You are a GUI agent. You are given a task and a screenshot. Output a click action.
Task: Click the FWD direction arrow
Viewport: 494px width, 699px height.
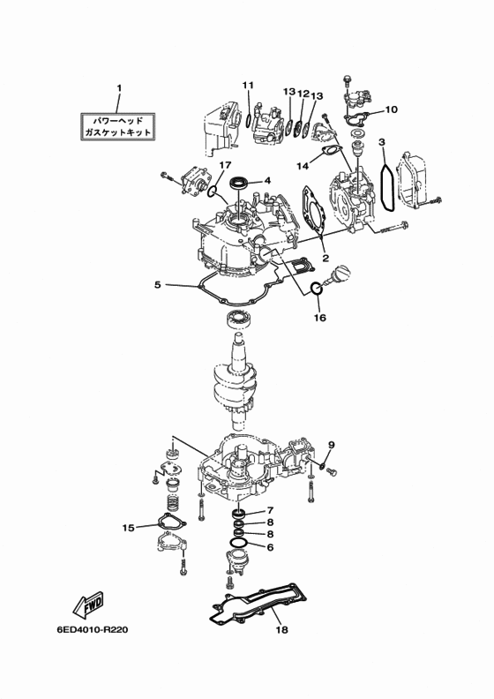[x=87, y=605]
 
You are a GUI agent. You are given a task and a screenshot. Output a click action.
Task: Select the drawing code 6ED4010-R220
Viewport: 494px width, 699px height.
[x=93, y=630]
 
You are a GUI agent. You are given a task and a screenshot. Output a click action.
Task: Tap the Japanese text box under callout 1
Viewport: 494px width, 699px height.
[x=117, y=126]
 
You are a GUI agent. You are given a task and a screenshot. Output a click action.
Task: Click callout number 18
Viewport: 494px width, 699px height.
[x=281, y=629]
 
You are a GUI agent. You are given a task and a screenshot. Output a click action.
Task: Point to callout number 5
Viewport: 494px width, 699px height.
[x=158, y=284]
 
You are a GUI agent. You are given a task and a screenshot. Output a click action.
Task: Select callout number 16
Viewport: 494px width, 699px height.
[x=320, y=318]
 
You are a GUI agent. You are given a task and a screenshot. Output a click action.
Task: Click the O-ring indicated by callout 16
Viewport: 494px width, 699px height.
[x=317, y=289]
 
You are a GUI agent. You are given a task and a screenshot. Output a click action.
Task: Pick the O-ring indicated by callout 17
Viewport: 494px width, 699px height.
[x=213, y=192]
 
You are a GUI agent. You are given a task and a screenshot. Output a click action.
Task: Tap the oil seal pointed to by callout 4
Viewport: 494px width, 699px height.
[x=239, y=183]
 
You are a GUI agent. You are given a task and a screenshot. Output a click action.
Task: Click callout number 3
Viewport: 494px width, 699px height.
[x=382, y=142]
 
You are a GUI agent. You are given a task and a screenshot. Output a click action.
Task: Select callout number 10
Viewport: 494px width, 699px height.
[x=391, y=109]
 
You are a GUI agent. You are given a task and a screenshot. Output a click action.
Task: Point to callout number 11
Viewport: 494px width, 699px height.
[x=248, y=85]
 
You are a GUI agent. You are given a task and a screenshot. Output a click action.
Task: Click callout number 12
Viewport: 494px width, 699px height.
[x=303, y=94]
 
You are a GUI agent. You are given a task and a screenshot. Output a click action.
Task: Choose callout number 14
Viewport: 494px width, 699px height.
[x=302, y=166]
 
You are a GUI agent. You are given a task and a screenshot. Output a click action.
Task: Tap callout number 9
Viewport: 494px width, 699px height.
[x=331, y=445]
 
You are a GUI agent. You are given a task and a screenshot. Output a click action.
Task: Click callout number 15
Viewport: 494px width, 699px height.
[x=128, y=528]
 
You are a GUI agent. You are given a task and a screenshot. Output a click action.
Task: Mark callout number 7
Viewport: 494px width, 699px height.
[x=270, y=510]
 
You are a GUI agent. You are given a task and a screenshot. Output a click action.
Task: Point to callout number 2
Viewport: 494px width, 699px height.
[x=326, y=258]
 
